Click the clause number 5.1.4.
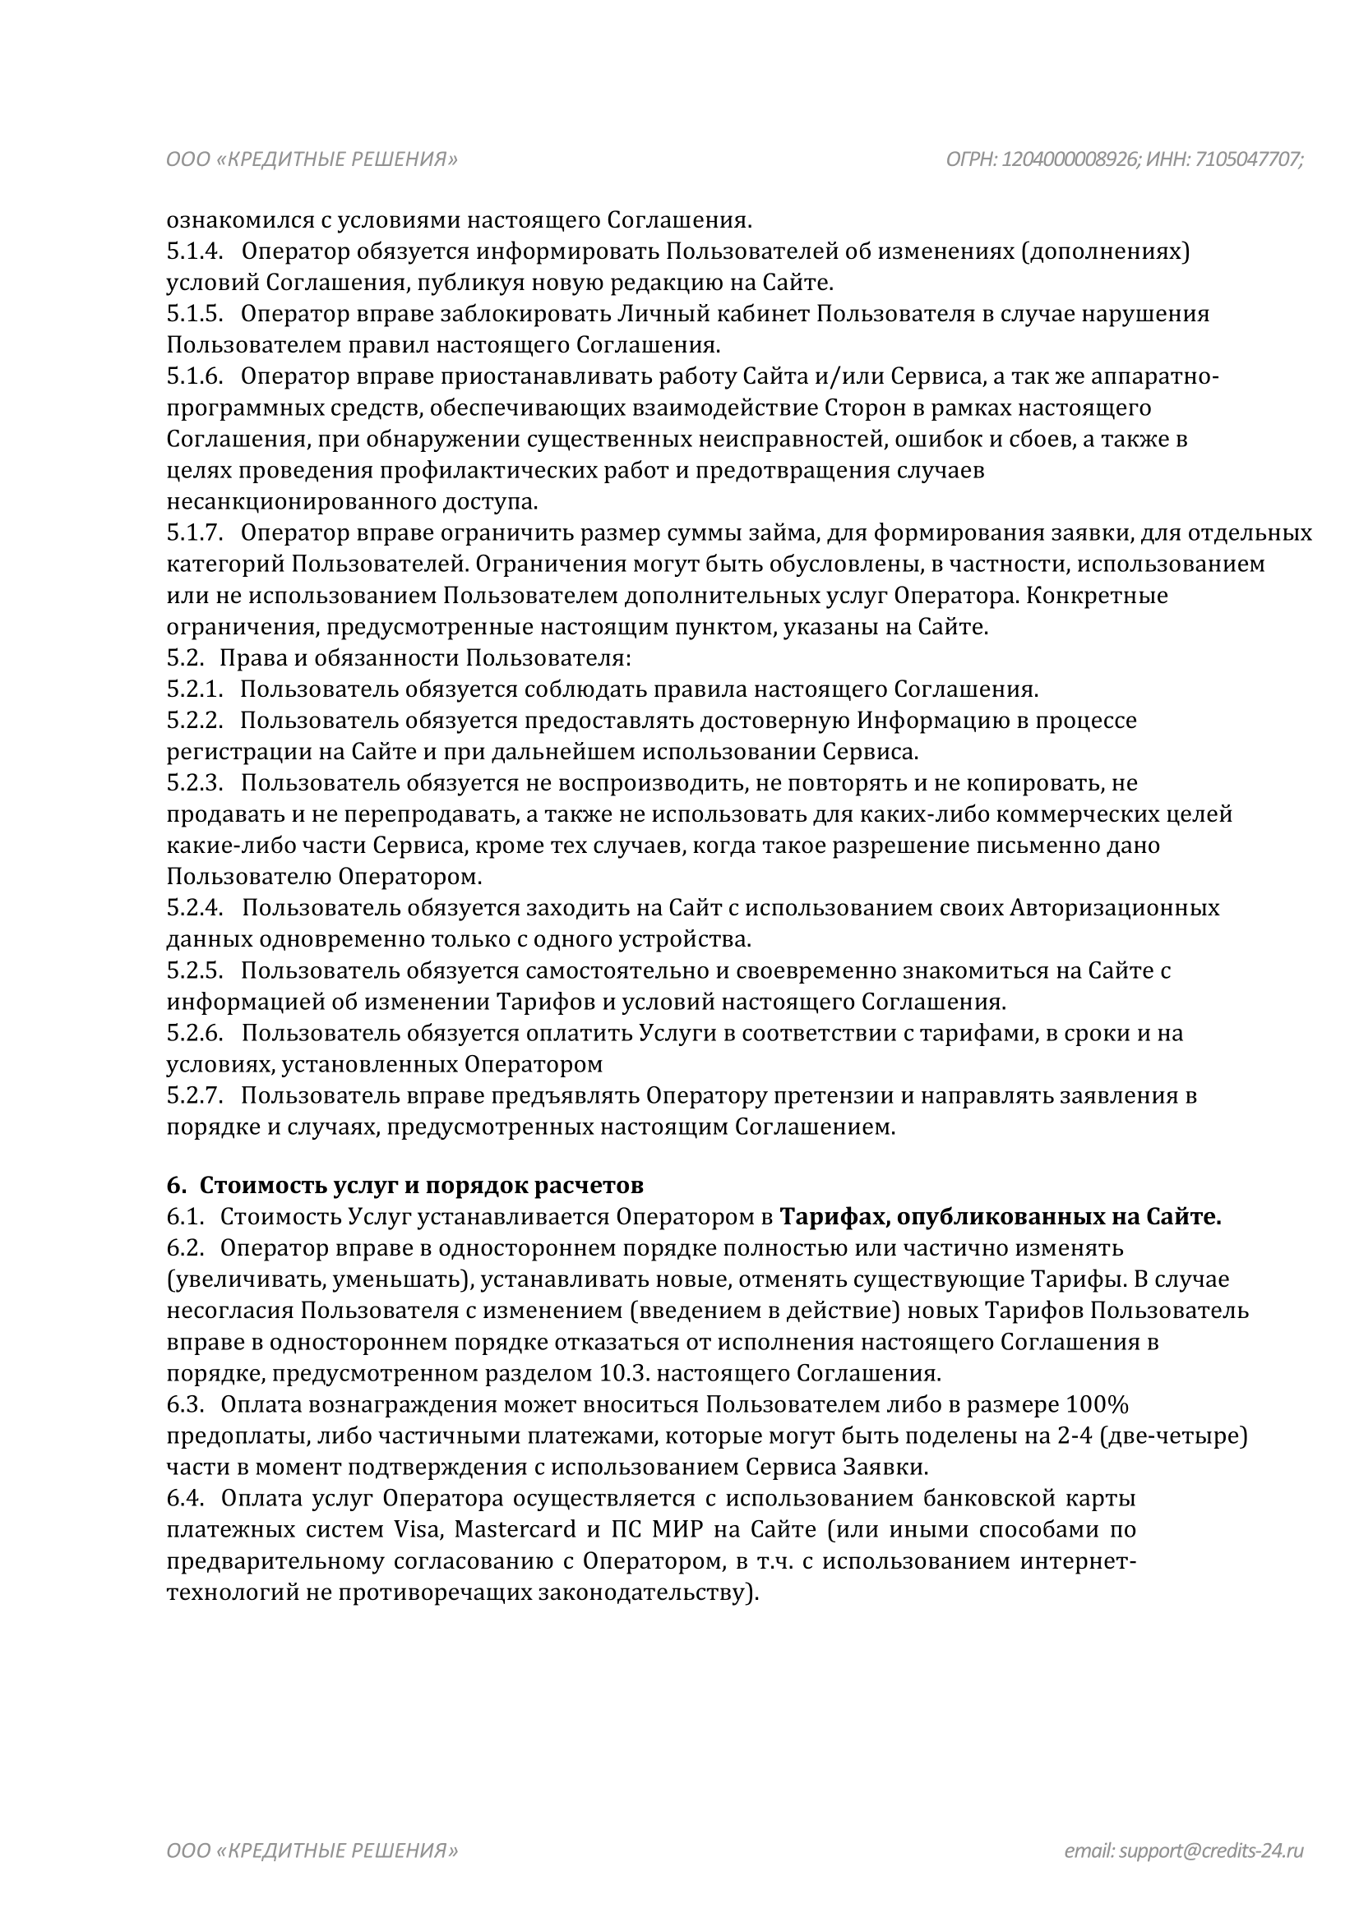[x=194, y=251]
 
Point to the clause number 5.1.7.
[x=194, y=532]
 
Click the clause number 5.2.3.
[x=194, y=783]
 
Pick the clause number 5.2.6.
[x=194, y=1033]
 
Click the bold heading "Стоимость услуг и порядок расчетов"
[x=421, y=1186]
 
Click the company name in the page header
[x=312, y=159]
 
